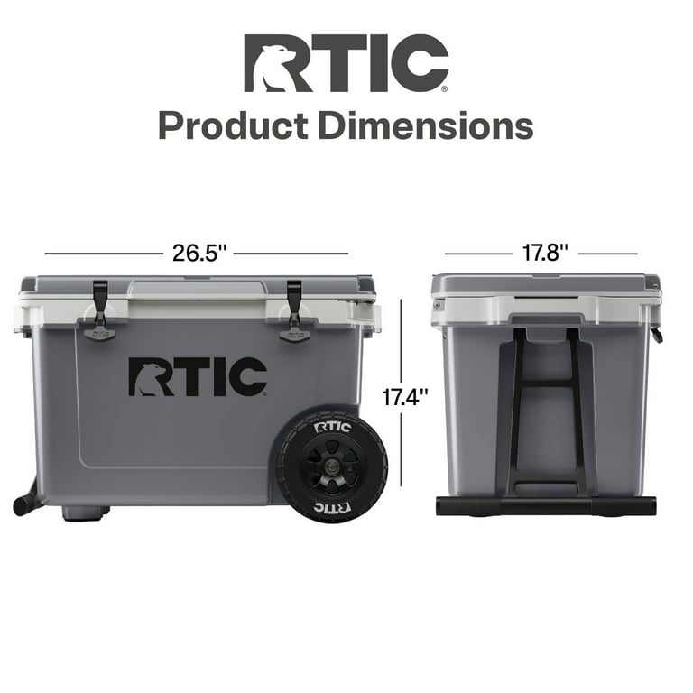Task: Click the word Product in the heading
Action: [x=232, y=125]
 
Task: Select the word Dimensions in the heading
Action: [x=424, y=125]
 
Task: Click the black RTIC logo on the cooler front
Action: [x=197, y=377]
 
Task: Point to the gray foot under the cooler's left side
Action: [x=86, y=513]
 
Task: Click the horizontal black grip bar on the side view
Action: [x=545, y=505]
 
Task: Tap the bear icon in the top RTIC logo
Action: [x=267, y=66]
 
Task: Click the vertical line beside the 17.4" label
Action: [x=401, y=397]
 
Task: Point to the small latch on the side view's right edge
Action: [x=656, y=336]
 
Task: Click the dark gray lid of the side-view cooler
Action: [x=545, y=283]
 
